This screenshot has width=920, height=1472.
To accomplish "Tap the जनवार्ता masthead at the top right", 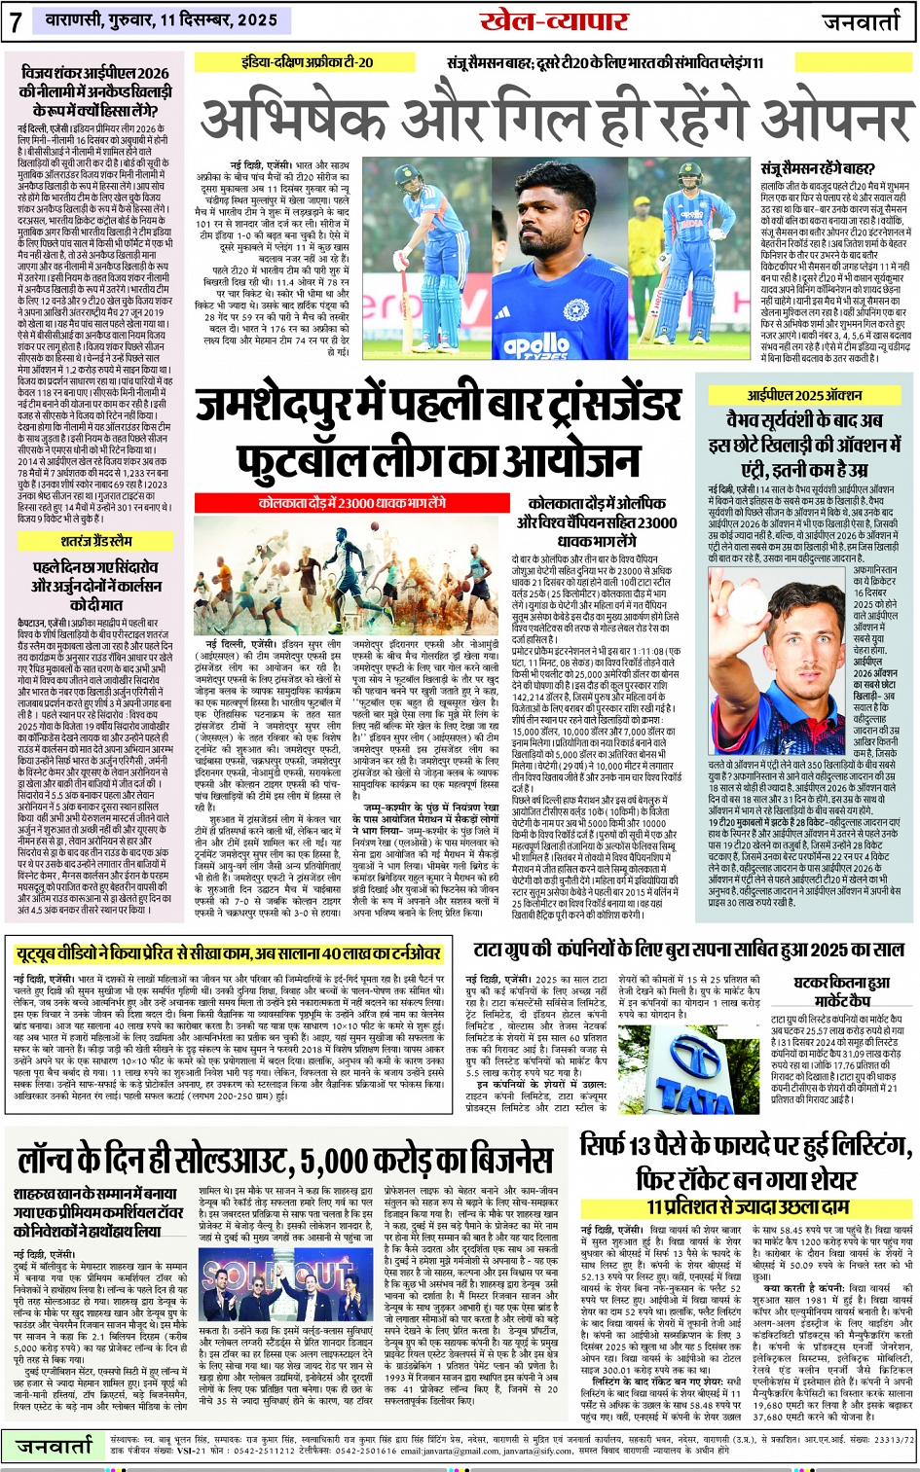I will pos(865,20).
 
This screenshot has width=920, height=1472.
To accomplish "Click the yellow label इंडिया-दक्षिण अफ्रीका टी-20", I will pos(308,62).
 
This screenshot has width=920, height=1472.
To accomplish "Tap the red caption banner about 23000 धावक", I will pos(351,503).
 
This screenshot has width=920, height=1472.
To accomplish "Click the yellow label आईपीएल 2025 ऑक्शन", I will pos(804,395).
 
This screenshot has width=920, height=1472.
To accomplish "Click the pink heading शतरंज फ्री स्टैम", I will pos(96,541).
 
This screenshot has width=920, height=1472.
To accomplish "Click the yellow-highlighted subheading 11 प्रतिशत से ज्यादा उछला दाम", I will pos(747,1206).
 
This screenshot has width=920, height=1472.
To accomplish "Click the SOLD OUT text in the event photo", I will pos(278,1275).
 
